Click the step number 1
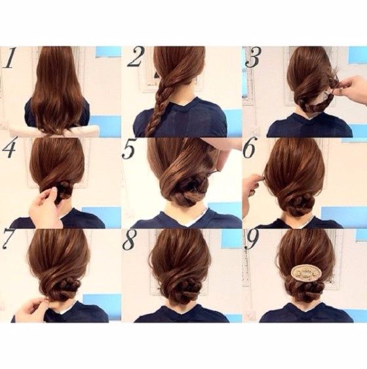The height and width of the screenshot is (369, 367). [10, 58]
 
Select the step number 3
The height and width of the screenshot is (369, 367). [252, 58]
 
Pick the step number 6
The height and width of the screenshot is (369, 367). [250, 150]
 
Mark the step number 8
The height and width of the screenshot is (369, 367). [130, 241]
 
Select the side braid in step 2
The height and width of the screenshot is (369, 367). [160, 105]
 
